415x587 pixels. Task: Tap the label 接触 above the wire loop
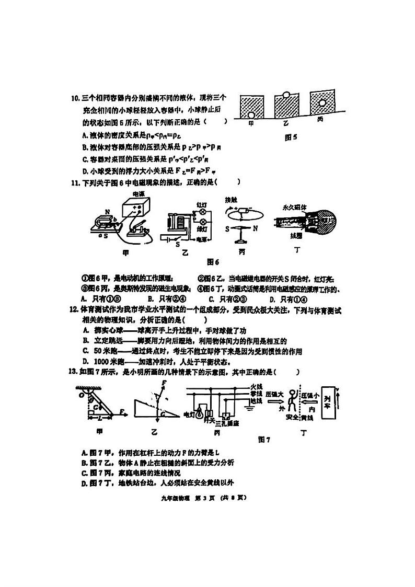click(230, 200)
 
